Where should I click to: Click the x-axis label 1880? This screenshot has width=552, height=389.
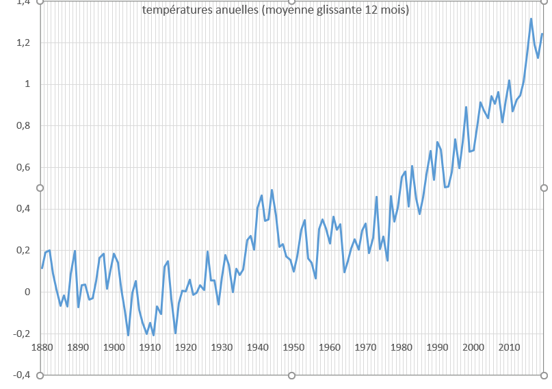(42, 347)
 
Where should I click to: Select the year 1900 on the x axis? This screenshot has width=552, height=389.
(114, 347)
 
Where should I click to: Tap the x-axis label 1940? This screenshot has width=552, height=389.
(257, 347)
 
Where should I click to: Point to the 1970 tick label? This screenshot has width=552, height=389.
(365, 347)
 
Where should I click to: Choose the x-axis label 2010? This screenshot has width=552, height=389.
(508, 347)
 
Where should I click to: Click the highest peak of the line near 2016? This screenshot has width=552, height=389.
(531, 18)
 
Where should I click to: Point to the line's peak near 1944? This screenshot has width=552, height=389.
(272, 190)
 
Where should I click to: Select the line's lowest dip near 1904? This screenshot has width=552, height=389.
(128, 336)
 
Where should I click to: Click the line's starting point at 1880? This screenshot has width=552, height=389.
(42, 268)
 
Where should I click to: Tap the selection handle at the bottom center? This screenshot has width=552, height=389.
(292, 375)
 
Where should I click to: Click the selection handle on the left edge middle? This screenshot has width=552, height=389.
(40, 188)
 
